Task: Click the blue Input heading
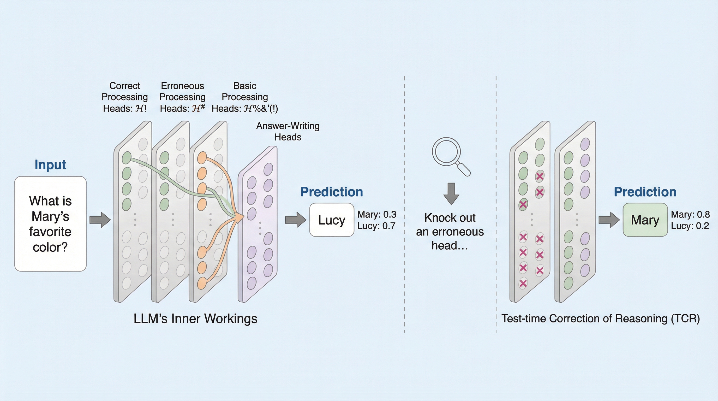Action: [x=50, y=164]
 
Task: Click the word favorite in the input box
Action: [x=50, y=232]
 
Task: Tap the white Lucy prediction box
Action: [x=331, y=220]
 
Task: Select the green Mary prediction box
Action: [x=645, y=220]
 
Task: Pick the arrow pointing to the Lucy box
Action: [x=295, y=220]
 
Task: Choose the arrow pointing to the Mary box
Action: [x=609, y=220]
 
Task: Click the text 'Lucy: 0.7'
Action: [x=376, y=226]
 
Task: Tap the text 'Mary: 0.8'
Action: [x=690, y=214]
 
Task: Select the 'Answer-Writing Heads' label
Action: [x=288, y=131]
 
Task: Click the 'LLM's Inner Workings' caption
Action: [x=195, y=319]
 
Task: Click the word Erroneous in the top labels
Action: [x=182, y=86]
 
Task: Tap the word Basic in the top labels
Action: [x=244, y=86]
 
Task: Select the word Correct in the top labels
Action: [x=125, y=86]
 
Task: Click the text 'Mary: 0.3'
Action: [x=376, y=214]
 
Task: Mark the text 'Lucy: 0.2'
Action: [x=690, y=226]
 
